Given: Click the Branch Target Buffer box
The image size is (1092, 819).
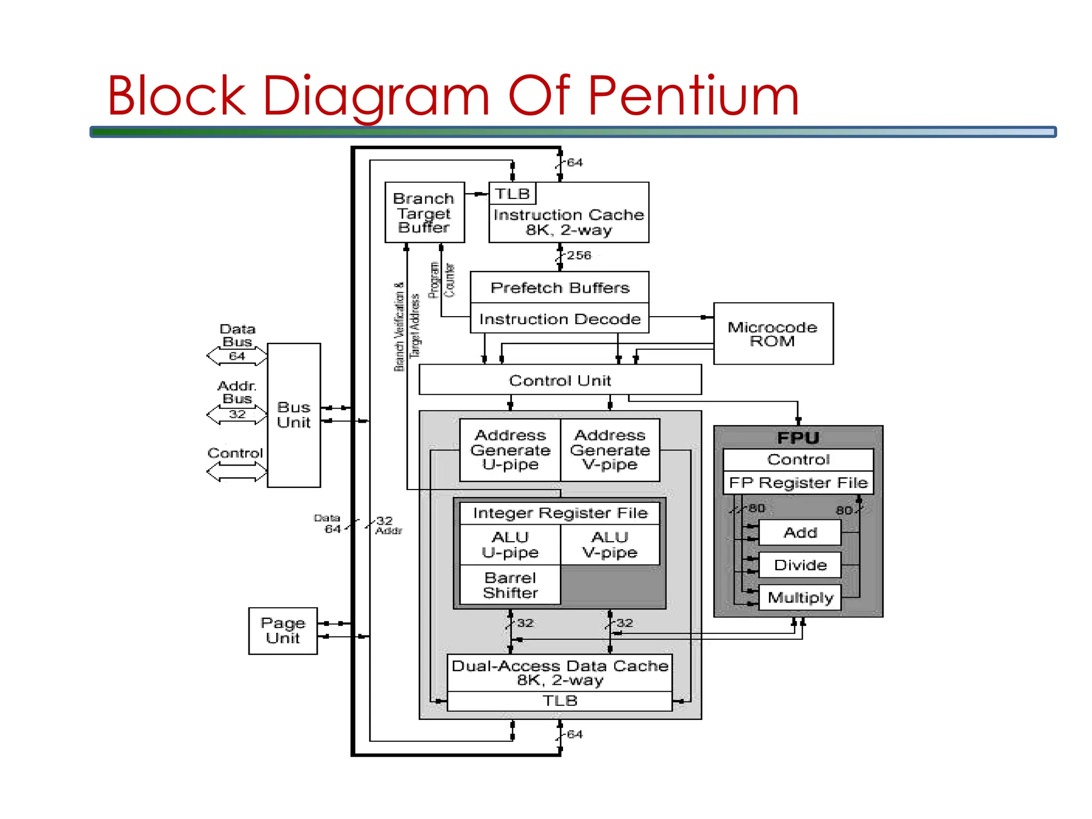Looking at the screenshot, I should click(x=424, y=213).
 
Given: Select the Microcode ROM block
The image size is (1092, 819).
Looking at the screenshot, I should click(x=773, y=334).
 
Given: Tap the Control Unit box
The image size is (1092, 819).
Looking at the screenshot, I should click(x=560, y=380).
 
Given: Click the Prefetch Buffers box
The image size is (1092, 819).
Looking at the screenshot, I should click(x=559, y=288).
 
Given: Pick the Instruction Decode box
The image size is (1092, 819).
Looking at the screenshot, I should click(x=559, y=319).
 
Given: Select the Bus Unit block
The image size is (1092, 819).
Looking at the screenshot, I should click(x=293, y=415).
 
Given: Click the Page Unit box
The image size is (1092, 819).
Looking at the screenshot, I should click(x=283, y=630).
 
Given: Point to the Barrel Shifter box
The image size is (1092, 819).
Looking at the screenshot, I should click(x=510, y=585).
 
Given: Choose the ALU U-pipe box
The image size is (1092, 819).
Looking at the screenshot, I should click(x=510, y=544).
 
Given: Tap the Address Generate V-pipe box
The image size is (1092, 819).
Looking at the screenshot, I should click(x=610, y=449).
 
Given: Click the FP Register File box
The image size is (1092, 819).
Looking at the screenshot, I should click(x=798, y=483).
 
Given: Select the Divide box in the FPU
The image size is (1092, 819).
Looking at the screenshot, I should click(x=800, y=565).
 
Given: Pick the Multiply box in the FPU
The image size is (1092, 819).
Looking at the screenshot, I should click(x=800, y=597).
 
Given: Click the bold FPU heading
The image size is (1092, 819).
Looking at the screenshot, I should click(x=798, y=438).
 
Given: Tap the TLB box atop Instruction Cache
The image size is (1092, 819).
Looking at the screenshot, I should click(x=512, y=194).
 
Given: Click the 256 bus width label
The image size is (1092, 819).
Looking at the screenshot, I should click(x=579, y=255).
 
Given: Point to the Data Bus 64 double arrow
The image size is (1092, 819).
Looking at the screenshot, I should click(x=237, y=356).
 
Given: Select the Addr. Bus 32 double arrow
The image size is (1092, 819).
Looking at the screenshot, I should click(x=237, y=414).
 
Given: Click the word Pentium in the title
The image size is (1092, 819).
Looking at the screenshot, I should click(x=693, y=96).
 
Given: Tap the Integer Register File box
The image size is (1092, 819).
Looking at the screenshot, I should click(x=560, y=513).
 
